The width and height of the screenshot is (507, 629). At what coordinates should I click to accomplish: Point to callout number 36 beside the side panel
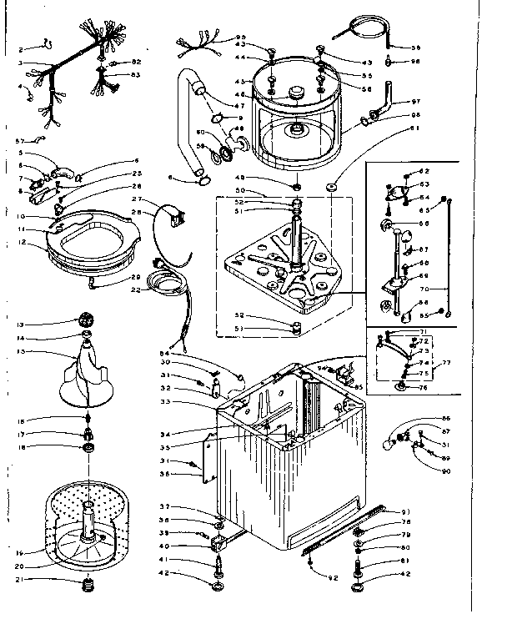tap(188, 475)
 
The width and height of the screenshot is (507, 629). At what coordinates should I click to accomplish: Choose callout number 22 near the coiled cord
tap(136, 289)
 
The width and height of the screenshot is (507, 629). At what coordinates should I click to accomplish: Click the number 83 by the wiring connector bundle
tap(136, 76)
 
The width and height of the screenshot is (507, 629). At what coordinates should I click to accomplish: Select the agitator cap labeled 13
tap(84, 321)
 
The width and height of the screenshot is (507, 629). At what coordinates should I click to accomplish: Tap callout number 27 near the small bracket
tap(135, 199)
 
